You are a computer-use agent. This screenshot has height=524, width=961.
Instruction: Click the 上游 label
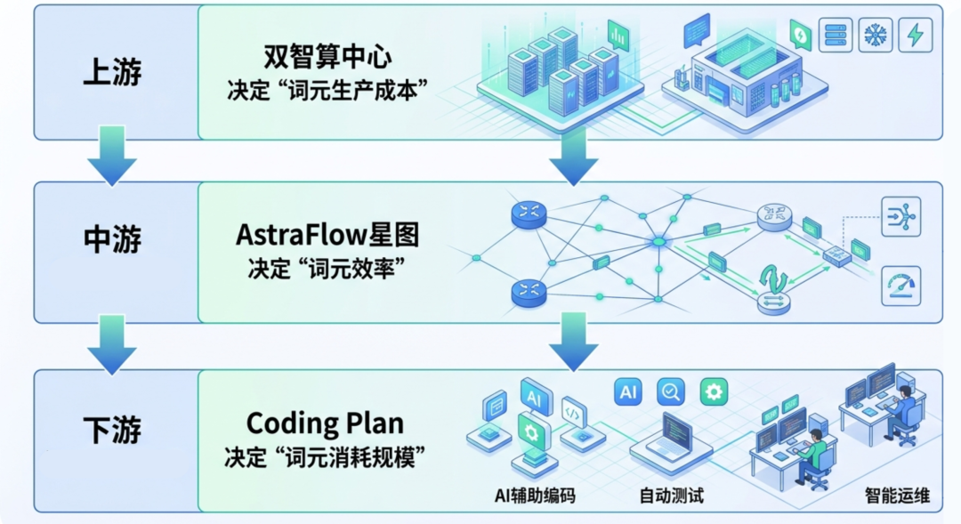coord(112,72)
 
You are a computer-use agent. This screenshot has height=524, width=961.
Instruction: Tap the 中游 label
coord(112,238)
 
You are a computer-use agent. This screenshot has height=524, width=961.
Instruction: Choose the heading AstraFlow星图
coord(327,236)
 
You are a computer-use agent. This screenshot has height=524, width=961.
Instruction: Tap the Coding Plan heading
coord(325,423)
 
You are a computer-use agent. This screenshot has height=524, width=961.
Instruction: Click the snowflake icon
coord(876,36)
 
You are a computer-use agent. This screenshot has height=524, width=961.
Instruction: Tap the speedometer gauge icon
coord(900,286)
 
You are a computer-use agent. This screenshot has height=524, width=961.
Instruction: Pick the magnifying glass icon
coord(671,391)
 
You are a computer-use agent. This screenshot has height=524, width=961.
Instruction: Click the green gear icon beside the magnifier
coord(714,391)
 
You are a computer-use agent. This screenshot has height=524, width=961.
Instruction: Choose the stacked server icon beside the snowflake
coord(836,36)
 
